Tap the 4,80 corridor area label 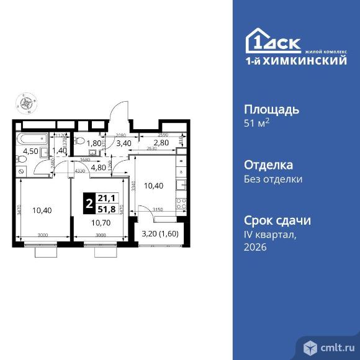pyautogui.click(x=99, y=166)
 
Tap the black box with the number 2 pyautogui.click(x=91, y=204)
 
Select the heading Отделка pyautogui.click(x=269, y=165)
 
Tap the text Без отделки pyautogui.click(x=274, y=179)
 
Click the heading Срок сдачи pyautogui.click(x=277, y=220)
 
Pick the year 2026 pyautogui.click(x=256, y=247)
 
